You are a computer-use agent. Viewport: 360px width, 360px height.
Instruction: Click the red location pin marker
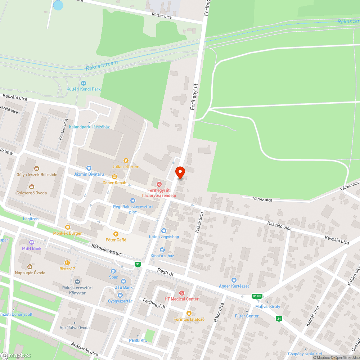coord(180,172)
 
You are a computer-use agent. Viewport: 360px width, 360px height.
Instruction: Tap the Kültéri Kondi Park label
coord(84,89)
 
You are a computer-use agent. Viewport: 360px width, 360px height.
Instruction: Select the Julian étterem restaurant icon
coord(126,161)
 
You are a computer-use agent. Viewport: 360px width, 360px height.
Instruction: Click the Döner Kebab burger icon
coord(114,176)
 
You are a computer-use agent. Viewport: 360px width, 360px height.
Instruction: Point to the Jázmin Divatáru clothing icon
coord(89,168)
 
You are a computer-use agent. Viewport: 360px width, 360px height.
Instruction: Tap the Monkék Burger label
coord(67,233)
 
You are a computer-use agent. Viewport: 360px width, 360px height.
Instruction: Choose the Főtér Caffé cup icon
coord(116,234)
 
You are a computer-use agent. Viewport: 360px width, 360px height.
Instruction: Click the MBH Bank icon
coord(31,242)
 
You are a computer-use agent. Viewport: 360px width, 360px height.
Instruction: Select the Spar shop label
coord(113,277)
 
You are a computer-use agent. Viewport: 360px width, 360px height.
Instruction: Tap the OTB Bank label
coord(123,287)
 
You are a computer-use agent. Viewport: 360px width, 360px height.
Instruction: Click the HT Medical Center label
coord(181,299)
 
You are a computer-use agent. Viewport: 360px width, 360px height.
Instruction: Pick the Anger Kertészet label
coord(234,286)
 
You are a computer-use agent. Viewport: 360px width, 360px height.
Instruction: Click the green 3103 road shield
coord(257,296)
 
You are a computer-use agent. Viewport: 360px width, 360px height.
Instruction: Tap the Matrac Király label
coord(267,307)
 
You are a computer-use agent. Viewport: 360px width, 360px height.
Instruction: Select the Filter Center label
coord(247,316)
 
